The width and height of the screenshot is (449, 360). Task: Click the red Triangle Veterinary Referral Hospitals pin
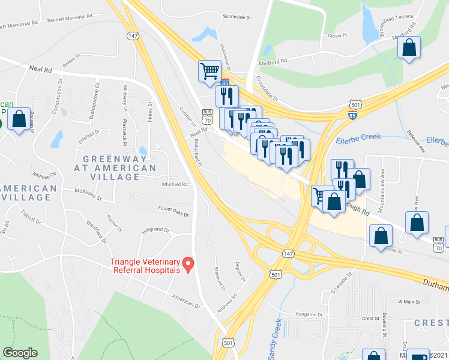pyautogui.click(x=188, y=263)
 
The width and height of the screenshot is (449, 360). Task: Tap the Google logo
pyautogui.click(x=20, y=353)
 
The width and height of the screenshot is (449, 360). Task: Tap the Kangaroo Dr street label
pyautogui.click(x=307, y=314)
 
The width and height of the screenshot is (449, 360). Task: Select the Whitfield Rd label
pyautogui.click(x=175, y=184)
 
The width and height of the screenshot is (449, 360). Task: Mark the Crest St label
pyautogui.click(x=371, y=319)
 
